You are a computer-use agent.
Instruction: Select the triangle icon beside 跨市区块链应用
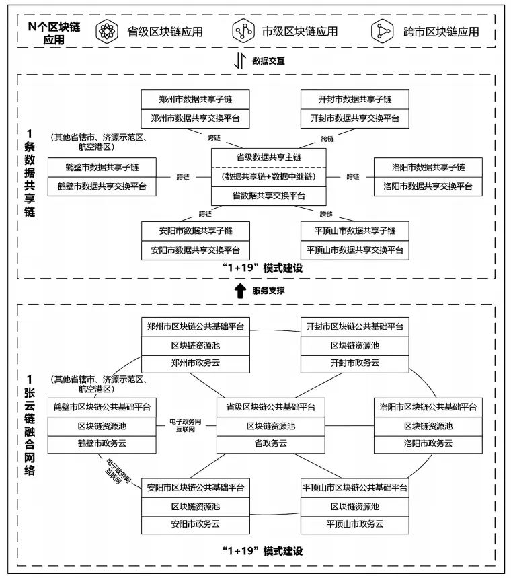[x=383, y=31]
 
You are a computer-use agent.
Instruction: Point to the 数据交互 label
[x=268, y=61]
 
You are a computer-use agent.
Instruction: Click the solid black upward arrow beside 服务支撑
[x=239, y=290]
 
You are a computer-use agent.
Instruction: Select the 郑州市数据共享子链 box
[x=195, y=100]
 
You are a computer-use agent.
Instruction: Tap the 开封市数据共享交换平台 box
[x=354, y=118]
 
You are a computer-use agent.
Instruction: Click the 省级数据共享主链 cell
[x=268, y=157]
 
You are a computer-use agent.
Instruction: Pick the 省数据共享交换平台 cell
[x=268, y=196]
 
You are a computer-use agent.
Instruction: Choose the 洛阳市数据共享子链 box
[x=428, y=167]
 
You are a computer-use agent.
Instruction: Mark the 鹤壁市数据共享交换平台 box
[x=102, y=186]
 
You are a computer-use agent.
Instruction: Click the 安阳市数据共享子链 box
[x=195, y=231]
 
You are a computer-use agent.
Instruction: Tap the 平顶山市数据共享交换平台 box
[x=354, y=250]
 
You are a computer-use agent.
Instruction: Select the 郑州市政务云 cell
[x=195, y=363]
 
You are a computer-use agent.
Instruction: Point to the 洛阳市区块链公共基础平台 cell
[x=428, y=407]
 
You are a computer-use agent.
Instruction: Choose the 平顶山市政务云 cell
[x=354, y=523]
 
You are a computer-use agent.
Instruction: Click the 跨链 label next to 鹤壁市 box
[x=183, y=177]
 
